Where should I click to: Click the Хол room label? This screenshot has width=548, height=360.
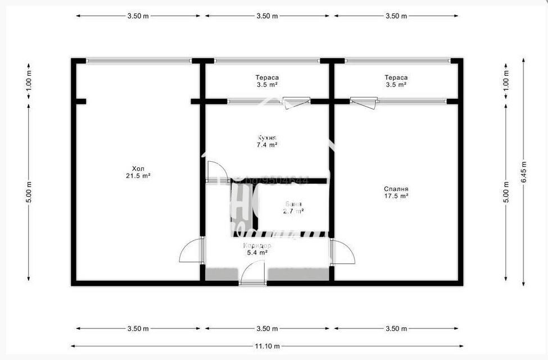[x=138, y=168]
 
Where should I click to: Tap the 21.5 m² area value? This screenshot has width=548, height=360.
[x=138, y=176]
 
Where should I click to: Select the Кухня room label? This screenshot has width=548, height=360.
[x=267, y=138]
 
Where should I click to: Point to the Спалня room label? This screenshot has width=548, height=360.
[x=396, y=189]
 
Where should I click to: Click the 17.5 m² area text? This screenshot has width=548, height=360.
[x=396, y=197]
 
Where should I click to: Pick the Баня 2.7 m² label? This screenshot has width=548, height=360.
[x=293, y=208]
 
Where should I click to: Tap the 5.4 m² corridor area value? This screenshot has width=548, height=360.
[x=257, y=253]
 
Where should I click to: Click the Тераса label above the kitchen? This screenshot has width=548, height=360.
[x=267, y=78]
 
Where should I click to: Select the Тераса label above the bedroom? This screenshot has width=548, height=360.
[x=396, y=78]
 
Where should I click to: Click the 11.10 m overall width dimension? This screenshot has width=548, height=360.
[x=267, y=347]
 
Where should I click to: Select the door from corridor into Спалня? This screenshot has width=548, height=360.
[x=343, y=252]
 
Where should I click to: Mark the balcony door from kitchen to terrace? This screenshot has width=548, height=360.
[x=296, y=102]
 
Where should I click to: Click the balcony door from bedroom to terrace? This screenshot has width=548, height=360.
[x=364, y=102]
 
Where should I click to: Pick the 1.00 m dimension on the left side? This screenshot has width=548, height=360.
[x=29, y=81]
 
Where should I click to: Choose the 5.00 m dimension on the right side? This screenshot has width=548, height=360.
[x=506, y=192]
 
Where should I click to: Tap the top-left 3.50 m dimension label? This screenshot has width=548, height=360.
[x=138, y=16]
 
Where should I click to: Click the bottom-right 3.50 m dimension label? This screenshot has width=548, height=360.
[x=396, y=329]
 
